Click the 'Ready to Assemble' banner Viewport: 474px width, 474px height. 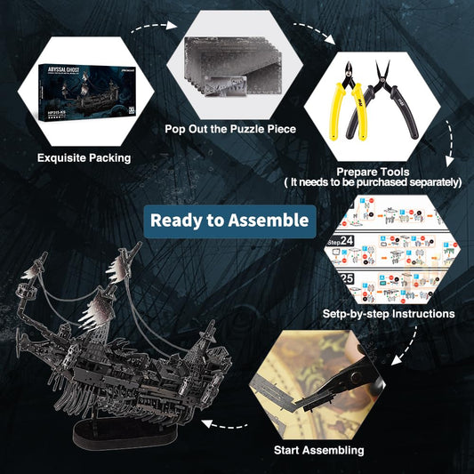click(x=229, y=220)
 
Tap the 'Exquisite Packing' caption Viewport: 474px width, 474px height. click(x=84, y=158)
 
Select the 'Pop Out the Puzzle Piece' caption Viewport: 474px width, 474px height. click(x=230, y=129)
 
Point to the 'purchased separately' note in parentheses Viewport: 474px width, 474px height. click(x=373, y=181)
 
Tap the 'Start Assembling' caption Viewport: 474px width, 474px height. click(x=317, y=450)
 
